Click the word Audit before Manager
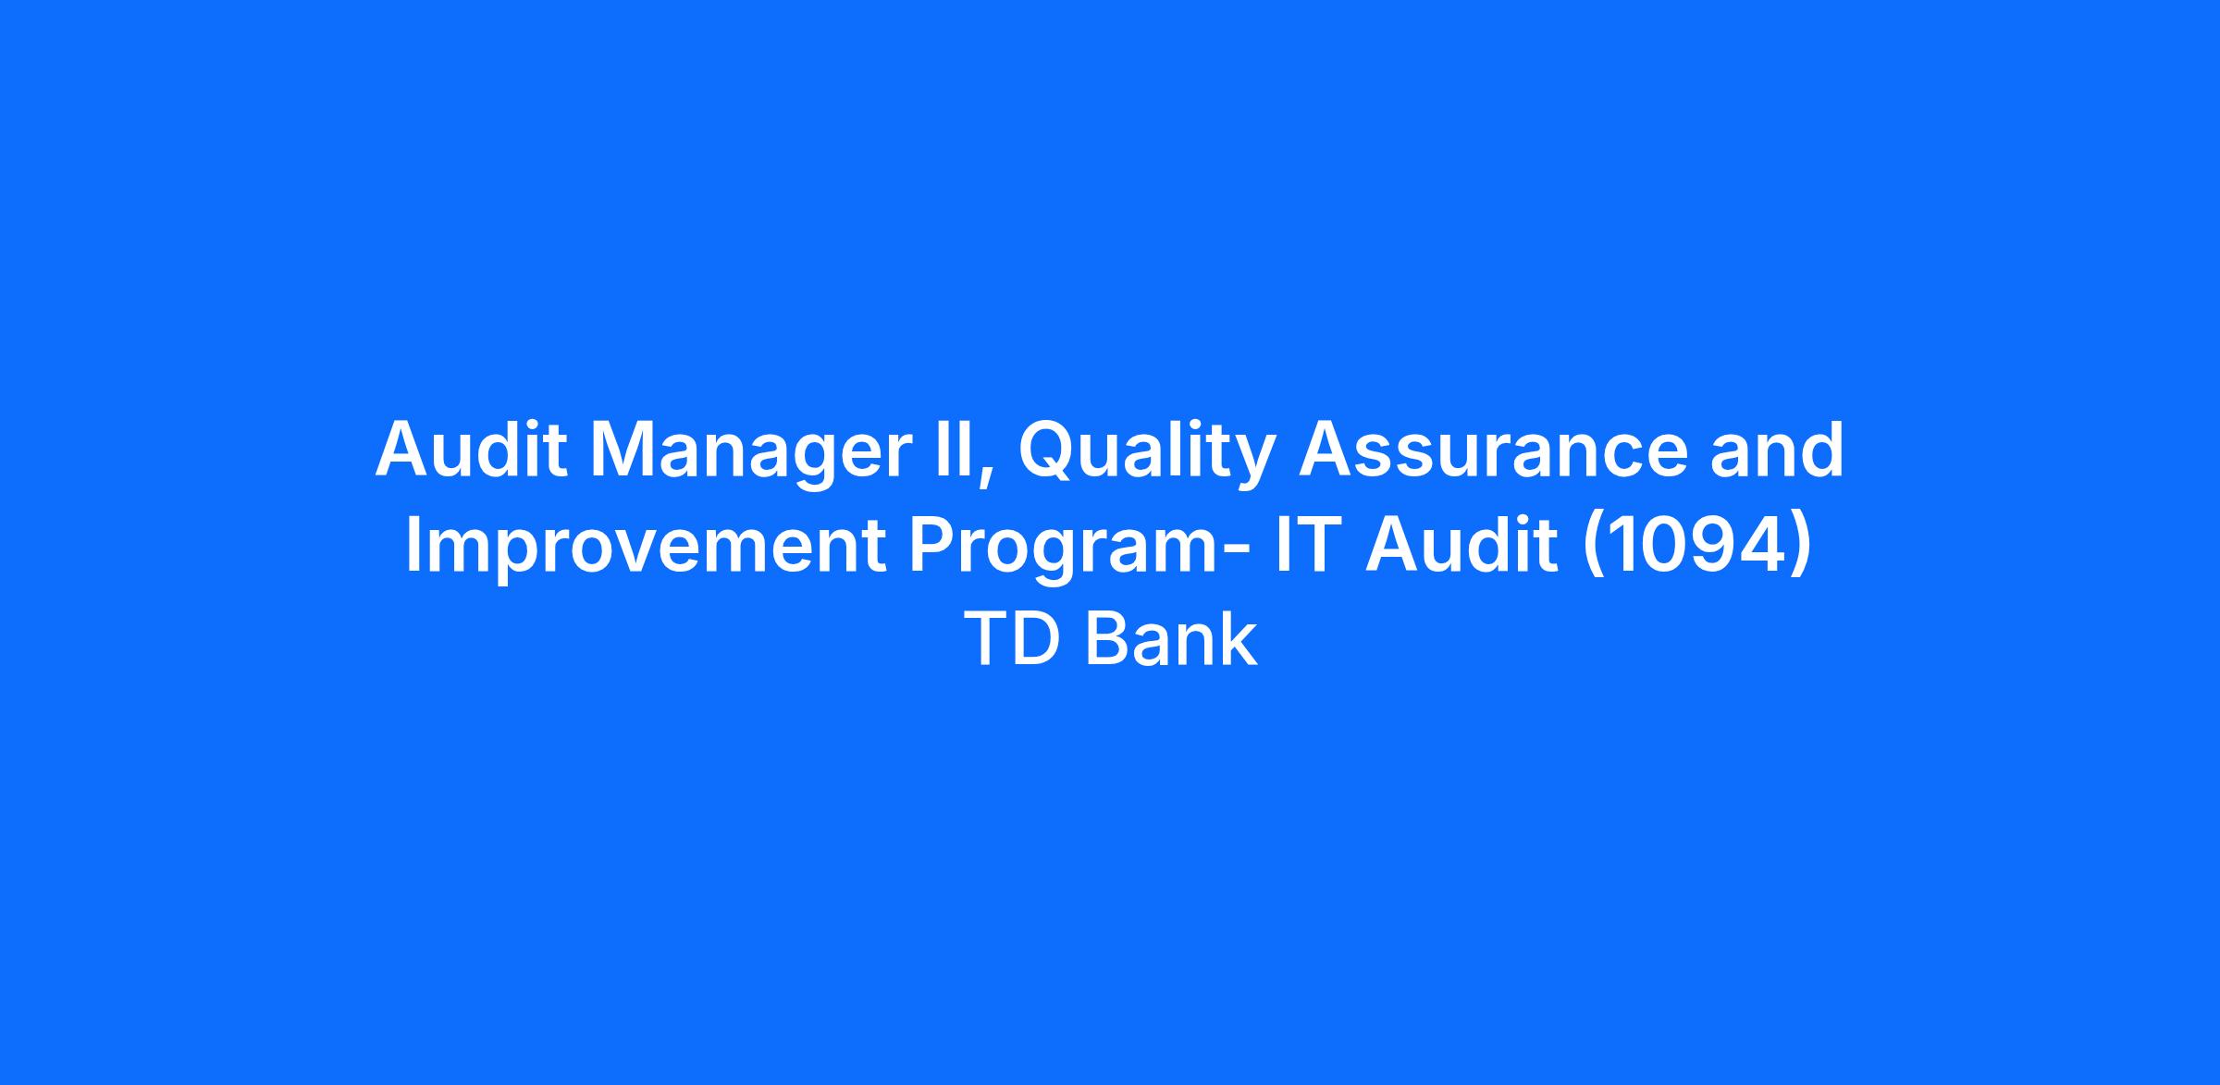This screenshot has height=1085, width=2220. click(472, 450)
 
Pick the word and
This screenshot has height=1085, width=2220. click(1777, 450)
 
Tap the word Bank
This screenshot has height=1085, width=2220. click(1170, 638)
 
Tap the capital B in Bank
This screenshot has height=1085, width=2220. click(1105, 639)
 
